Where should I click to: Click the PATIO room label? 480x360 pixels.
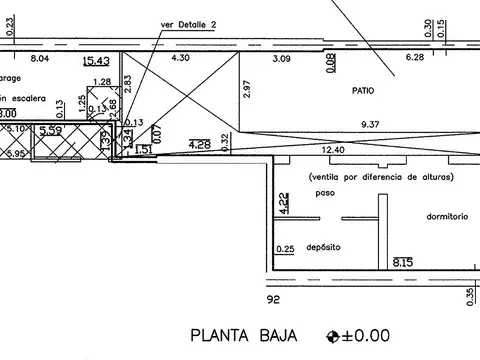point(364,90)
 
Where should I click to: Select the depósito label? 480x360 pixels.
point(324,246)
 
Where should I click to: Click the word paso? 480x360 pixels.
point(322,193)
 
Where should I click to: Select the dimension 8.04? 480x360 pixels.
point(40,60)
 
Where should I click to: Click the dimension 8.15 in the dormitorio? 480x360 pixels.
point(403,262)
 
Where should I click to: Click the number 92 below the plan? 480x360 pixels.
point(273,298)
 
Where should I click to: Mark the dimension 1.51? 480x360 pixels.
point(143,150)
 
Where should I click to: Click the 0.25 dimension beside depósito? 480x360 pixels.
point(285,249)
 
